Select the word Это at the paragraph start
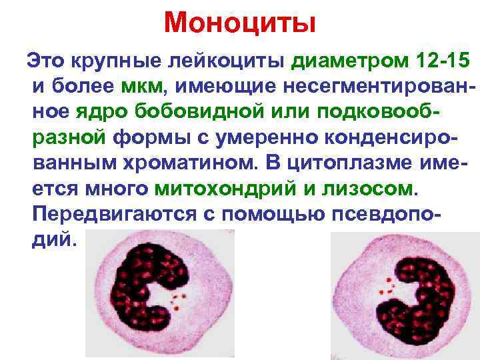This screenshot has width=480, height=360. coord(44,62)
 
